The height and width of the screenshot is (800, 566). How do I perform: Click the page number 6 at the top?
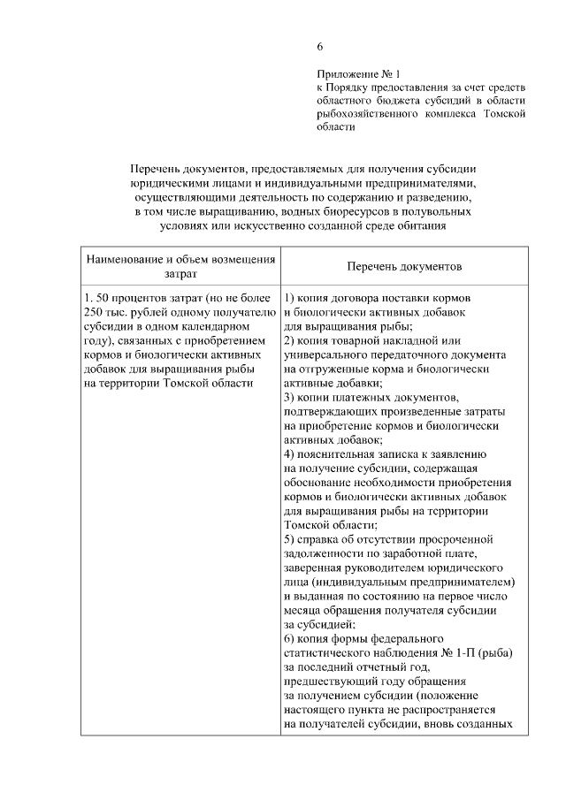[x=321, y=47]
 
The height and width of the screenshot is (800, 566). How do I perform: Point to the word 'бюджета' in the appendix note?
[x=409, y=100]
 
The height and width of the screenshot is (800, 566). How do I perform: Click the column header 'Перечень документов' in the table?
[x=404, y=266]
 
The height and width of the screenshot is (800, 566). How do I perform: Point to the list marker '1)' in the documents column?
[x=290, y=298]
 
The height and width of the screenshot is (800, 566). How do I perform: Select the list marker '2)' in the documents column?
[x=290, y=340]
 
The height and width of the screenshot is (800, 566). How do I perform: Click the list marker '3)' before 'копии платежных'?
[x=290, y=397]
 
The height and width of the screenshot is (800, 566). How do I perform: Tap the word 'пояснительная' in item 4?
[x=337, y=453]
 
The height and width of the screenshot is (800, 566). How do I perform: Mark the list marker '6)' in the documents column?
[x=290, y=637]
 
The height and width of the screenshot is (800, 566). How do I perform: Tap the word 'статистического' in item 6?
[x=329, y=651]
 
